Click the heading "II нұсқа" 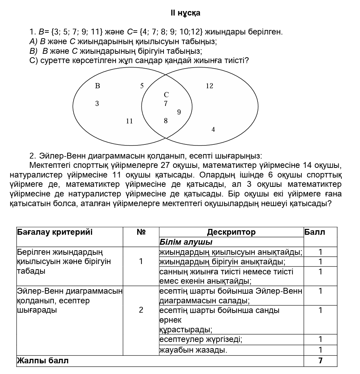tap(185, 13)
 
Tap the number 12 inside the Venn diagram tap(209, 86)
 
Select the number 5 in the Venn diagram tap(142, 86)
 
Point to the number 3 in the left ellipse tap(97, 103)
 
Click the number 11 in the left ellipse tap(129, 121)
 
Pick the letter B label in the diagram tap(97, 86)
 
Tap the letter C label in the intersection tap(166, 94)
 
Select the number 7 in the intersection tap(166, 103)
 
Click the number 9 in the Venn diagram tap(179, 112)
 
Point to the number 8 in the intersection tap(166, 121)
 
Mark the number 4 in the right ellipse tap(213, 130)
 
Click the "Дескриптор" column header tap(231, 232)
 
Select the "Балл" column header tap(315, 232)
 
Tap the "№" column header tap(141, 232)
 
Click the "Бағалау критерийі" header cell tap(55, 232)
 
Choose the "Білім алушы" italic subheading tap(186, 242)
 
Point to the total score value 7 tap(320, 361)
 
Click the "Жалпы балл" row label tap(43, 361)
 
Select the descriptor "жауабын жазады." tap(193, 351)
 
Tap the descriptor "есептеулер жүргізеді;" tap(201, 340)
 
